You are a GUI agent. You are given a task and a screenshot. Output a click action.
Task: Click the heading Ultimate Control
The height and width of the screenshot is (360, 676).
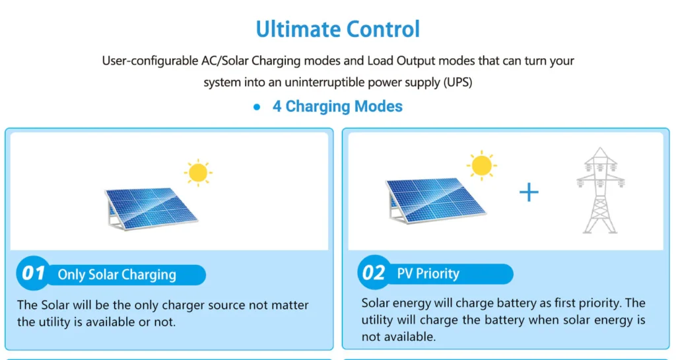(337, 29)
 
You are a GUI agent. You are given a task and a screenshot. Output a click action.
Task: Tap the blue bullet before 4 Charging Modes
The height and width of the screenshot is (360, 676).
(257, 108)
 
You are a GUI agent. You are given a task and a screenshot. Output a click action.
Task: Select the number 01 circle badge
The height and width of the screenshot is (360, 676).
(33, 273)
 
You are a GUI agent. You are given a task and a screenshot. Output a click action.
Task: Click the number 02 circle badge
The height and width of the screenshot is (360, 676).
(374, 272)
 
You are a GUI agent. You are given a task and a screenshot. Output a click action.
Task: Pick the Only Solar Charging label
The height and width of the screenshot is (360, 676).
(117, 275)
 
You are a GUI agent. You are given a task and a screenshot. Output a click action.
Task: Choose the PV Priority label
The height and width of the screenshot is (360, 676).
(428, 273)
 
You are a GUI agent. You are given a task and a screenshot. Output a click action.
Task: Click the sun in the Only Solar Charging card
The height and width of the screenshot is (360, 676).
(198, 172)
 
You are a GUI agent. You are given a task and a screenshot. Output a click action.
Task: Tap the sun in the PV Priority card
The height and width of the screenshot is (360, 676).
(481, 166)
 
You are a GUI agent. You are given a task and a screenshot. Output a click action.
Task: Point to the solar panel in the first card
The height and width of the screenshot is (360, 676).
(151, 208)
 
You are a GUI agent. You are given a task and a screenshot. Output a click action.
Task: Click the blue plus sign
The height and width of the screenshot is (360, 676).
(529, 192)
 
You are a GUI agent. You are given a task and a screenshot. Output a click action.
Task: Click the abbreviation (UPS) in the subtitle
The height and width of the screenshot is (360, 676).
(458, 82)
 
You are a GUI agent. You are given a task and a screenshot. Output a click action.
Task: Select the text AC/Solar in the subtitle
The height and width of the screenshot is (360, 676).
(225, 61)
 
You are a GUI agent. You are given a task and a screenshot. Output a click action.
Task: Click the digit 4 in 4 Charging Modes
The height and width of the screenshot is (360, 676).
(277, 106)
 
